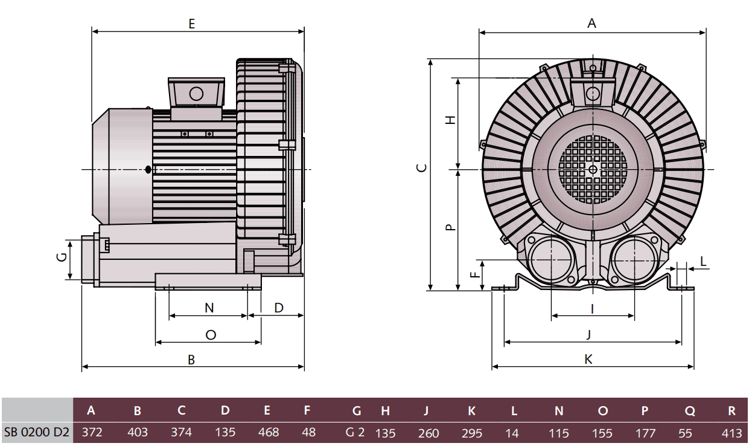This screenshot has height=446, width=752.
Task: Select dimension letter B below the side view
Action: coord(191,360)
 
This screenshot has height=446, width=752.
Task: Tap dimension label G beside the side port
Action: coord(61,257)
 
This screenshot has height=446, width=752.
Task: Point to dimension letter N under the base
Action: coord(209,308)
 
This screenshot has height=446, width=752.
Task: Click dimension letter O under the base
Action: coord(210,335)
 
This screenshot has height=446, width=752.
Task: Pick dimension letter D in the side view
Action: coord(279,308)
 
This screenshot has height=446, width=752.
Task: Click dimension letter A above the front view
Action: coord(591,24)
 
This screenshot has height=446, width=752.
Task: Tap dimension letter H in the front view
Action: coord(449,120)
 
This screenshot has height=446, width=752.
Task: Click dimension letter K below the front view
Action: coord(588,360)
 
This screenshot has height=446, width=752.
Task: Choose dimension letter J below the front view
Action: coord(588,334)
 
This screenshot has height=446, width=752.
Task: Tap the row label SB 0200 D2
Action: coord(36,433)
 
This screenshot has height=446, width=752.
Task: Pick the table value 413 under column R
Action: coord(731,433)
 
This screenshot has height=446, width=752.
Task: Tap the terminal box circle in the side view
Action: coord(196,93)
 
